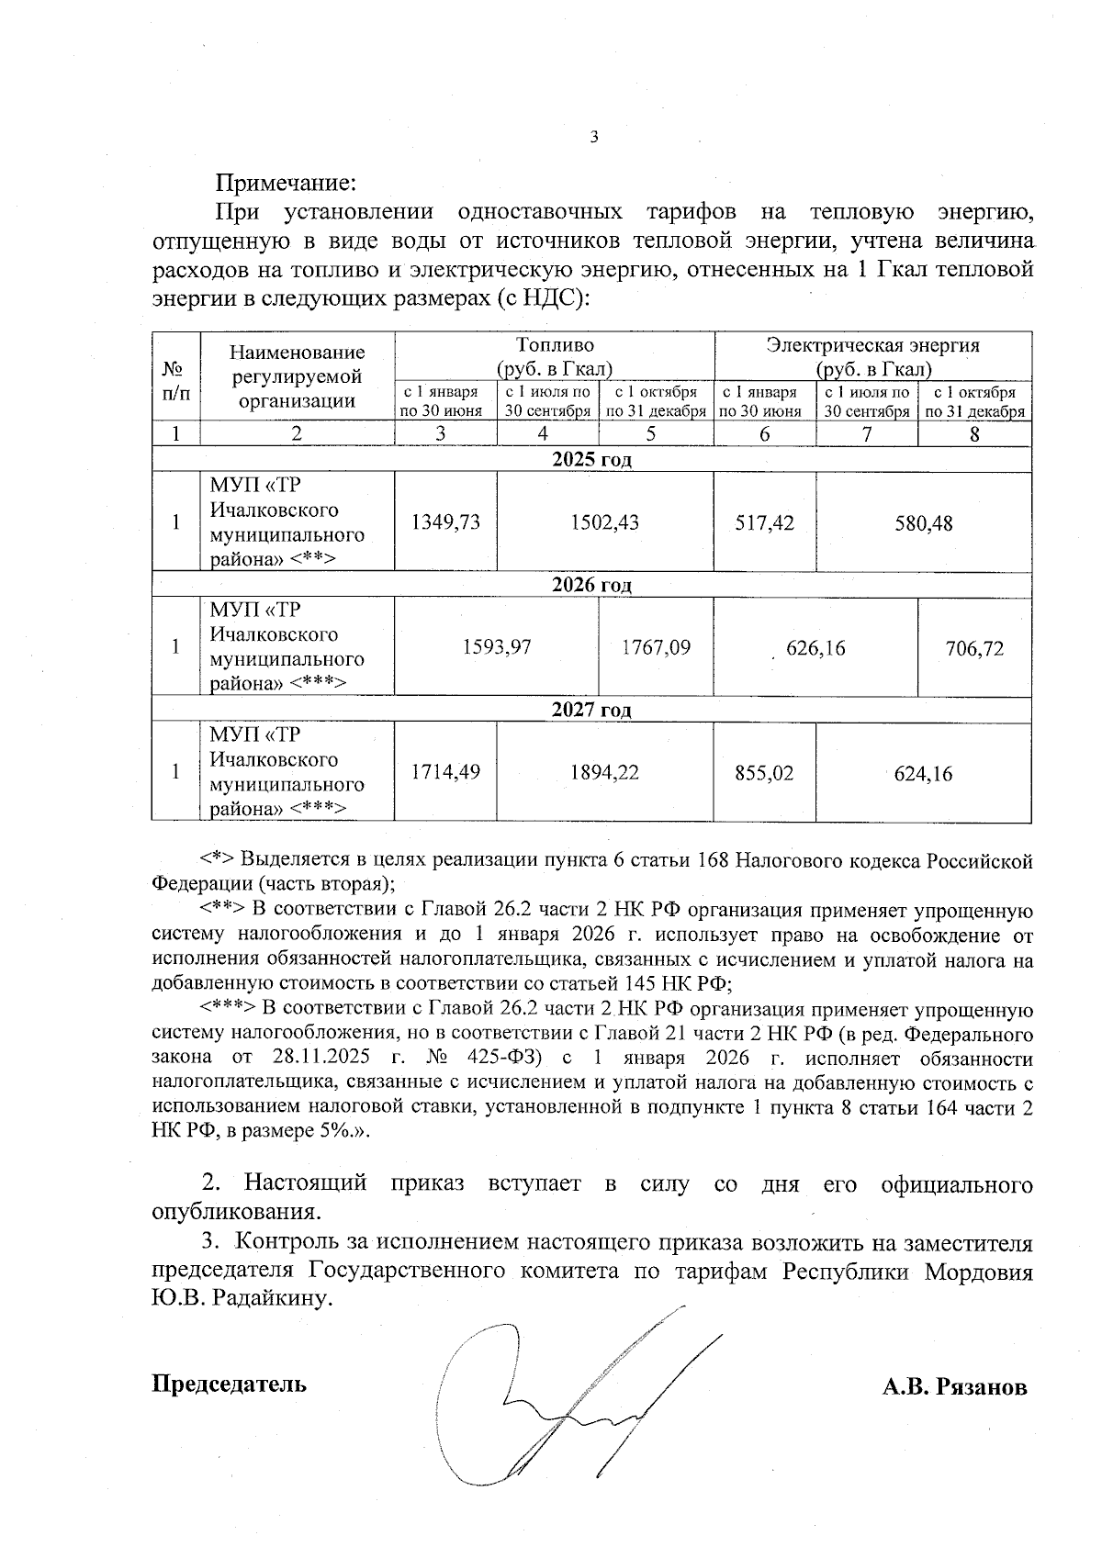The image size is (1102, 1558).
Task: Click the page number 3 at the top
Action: pyautogui.click(x=592, y=138)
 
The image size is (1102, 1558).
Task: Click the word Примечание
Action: pyautogui.click(x=286, y=184)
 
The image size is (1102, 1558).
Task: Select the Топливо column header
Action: pyautogui.click(x=555, y=346)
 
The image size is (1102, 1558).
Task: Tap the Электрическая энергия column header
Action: pyautogui.click(x=873, y=346)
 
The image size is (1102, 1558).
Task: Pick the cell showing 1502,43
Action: pyautogui.click(x=604, y=522)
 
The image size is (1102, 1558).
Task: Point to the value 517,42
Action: pyautogui.click(x=764, y=523)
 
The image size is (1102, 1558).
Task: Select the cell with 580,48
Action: pyautogui.click(x=924, y=523)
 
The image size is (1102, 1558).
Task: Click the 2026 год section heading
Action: pyautogui.click(x=591, y=585)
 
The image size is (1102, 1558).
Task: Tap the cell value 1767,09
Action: pyautogui.click(x=656, y=647)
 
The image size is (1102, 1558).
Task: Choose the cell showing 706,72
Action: pyautogui.click(x=974, y=648)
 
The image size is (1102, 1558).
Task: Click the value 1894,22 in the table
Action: pyautogui.click(x=604, y=773)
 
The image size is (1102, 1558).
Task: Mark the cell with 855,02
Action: pyautogui.click(x=764, y=773)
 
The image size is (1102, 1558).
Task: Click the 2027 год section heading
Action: pyautogui.click(x=591, y=710)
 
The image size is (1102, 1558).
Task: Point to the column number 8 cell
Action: pyautogui.click(x=974, y=434)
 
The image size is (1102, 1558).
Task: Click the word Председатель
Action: pyautogui.click(x=229, y=1384)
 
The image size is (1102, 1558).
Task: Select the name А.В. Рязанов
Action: pyautogui.click(x=955, y=1387)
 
